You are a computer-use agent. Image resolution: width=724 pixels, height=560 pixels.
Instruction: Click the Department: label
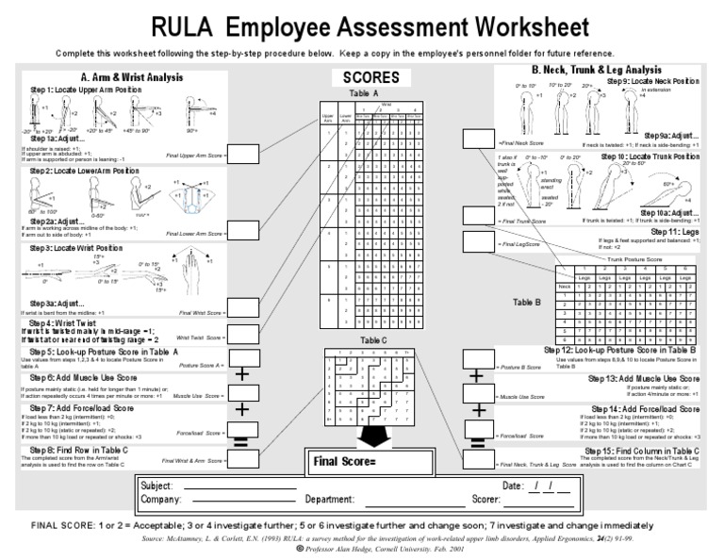[330, 500]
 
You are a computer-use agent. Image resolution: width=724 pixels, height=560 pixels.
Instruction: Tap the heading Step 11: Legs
[673, 231]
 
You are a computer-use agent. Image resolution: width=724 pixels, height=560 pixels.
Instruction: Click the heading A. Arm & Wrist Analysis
[132, 77]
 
